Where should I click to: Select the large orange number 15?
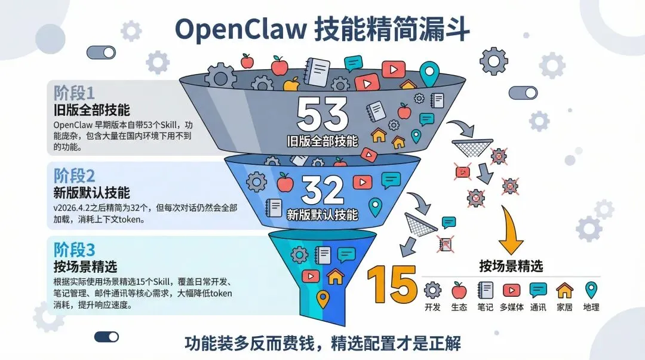(392, 283)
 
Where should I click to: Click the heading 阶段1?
(74, 93)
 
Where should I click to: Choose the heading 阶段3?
(74, 249)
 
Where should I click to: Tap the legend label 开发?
(432, 307)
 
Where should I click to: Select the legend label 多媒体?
(511, 307)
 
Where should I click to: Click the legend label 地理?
(591, 307)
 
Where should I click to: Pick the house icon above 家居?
(564, 290)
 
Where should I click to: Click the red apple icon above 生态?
(459, 290)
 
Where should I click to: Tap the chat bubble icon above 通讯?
(538, 290)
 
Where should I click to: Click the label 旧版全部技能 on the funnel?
(322, 141)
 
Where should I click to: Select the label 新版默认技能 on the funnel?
(323, 214)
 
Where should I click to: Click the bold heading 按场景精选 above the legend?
(511, 266)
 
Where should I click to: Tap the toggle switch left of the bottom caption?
(106, 337)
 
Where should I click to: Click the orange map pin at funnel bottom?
(322, 299)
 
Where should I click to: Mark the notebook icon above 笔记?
(485, 290)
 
